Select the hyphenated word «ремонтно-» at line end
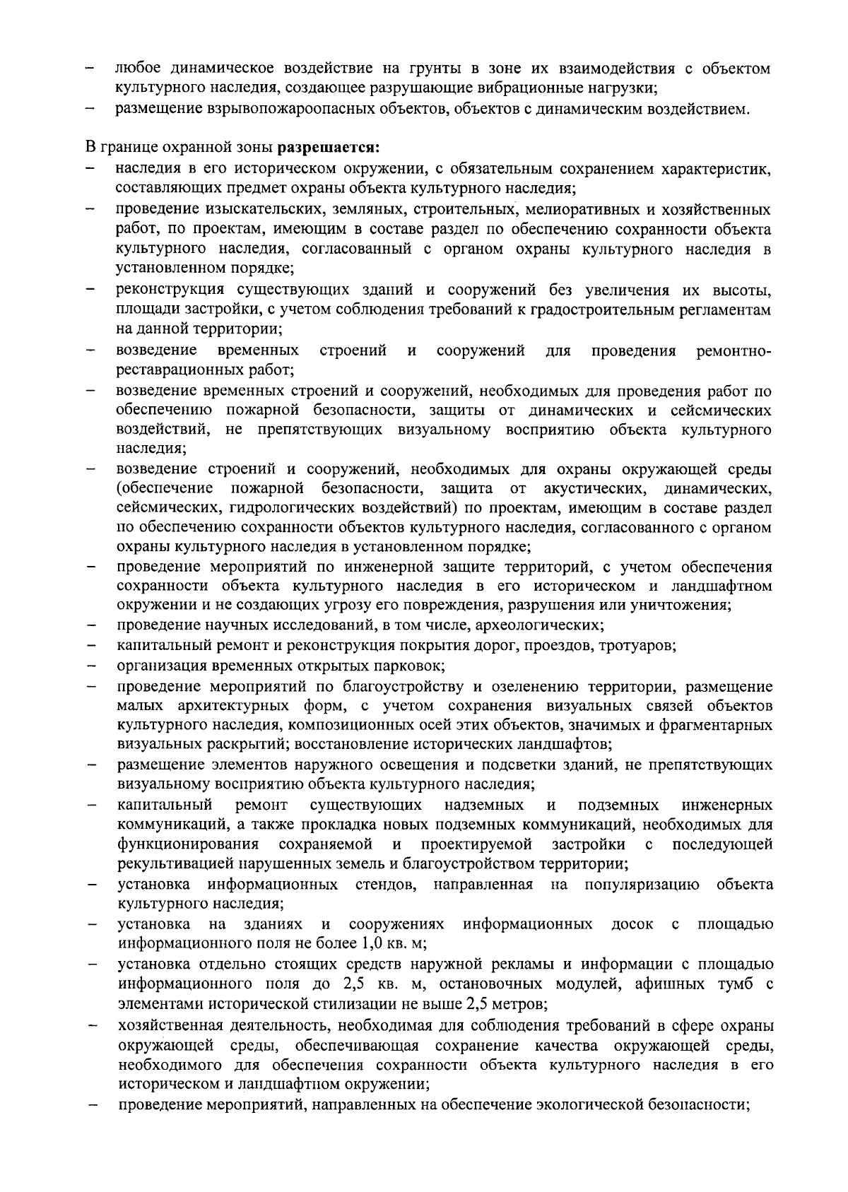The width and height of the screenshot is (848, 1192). point(734,350)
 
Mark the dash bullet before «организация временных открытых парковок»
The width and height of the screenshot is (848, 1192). point(91,666)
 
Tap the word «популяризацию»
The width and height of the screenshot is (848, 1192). point(642,885)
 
